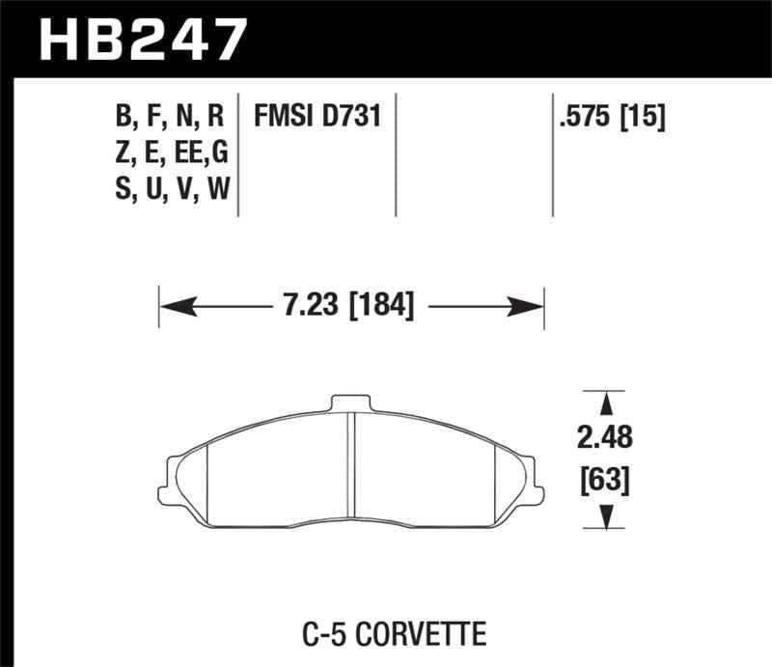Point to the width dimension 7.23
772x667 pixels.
click(307, 308)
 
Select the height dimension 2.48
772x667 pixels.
click(606, 437)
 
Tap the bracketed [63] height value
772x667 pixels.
click(606, 480)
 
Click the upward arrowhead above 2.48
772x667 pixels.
click(606, 403)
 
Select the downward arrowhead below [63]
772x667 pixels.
click(606, 519)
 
